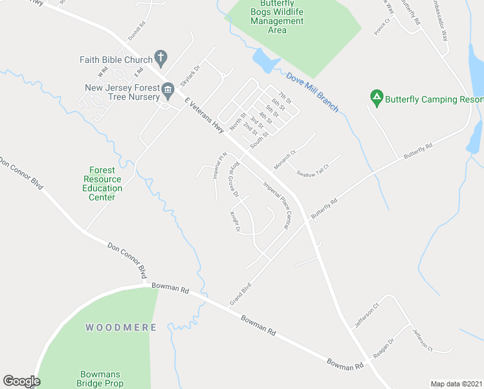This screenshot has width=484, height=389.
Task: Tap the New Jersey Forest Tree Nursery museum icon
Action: click(x=168, y=89)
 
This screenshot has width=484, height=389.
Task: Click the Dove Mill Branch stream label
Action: click(x=312, y=92)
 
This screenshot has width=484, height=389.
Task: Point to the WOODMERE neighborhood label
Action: click(x=121, y=327)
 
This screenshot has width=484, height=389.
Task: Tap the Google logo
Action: click(x=21, y=381)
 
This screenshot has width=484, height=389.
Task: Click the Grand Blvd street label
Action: click(x=240, y=295)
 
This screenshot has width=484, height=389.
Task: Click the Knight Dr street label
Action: click(x=234, y=222)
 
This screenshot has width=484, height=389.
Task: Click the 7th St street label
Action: click(x=285, y=95)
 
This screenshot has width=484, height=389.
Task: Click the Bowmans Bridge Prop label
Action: click(x=102, y=379)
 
